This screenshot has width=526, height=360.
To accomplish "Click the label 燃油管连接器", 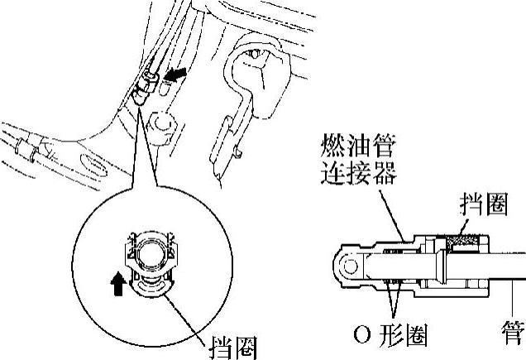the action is pyautogui.click(x=358, y=159).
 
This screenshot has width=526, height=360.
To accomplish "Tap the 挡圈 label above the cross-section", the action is pyautogui.click(x=484, y=204).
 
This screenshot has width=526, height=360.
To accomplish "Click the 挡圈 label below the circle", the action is pyautogui.click(x=233, y=348).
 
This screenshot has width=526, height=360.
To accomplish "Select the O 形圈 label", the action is pyautogui.click(x=390, y=334).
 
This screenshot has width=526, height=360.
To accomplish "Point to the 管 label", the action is pyautogui.click(x=514, y=333).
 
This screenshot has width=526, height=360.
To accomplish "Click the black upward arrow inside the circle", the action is pyautogui.click(x=118, y=284).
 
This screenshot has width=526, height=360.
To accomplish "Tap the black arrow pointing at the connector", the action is pyautogui.click(x=175, y=74).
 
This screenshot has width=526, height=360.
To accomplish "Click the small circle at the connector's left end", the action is pyautogui.click(x=350, y=266).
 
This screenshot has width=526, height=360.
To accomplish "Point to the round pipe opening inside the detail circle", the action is pyautogui.click(x=151, y=251).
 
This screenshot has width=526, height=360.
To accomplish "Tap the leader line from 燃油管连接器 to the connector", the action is pyautogui.click(x=391, y=215).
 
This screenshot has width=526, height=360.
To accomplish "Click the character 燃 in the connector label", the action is pyautogui.click(x=332, y=146).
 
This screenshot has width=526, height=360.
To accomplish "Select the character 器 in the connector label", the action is pyautogui.click(x=385, y=173).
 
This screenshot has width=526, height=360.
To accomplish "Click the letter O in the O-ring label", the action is pyautogui.click(x=362, y=335).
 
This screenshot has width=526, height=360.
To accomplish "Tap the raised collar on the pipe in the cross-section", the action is pyautogui.click(x=442, y=266).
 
